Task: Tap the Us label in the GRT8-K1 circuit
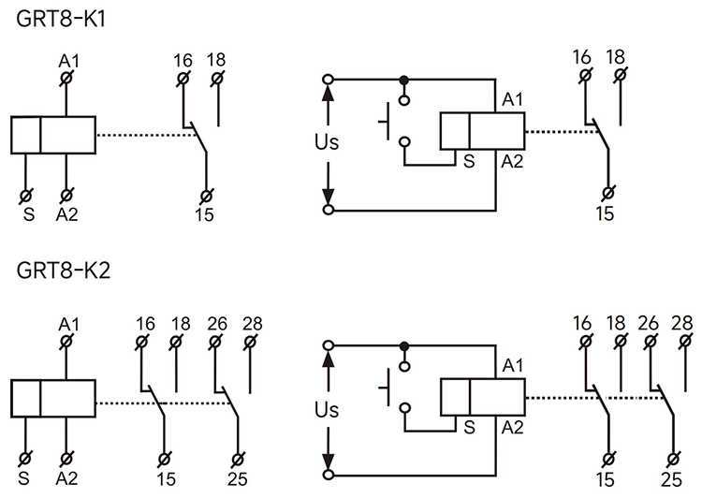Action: click(x=327, y=143)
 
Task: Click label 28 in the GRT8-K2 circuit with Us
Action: click(x=684, y=324)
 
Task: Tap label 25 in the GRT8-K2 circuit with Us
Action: click(x=671, y=480)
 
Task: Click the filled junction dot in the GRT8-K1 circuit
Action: click(x=404, y=80)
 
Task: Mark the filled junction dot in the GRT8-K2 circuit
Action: click(x=404, y=344)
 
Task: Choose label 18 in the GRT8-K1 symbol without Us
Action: click(x=217, y=60)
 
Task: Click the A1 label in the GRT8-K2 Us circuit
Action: click(x=513, y=364)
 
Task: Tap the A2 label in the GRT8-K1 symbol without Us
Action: click(x=66, y=214)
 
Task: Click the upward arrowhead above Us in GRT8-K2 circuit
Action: click(x=328, y=356)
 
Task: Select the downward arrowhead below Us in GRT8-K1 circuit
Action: click(x=328, y=198)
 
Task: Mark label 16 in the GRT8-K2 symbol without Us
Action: click(x=144, y=324)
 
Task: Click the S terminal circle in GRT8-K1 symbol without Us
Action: click(x=25, y=196)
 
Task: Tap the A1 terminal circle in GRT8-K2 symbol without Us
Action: click(x=66, y=343)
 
